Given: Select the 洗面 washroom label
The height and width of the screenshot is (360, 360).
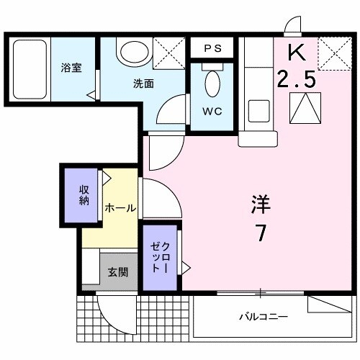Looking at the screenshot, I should coord(143,83).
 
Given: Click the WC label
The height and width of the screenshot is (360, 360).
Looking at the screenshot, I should coord(212,112).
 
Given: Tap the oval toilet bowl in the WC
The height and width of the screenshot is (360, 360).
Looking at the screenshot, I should coord(212,84).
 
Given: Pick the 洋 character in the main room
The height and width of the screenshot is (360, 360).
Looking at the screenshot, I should coord(261,205).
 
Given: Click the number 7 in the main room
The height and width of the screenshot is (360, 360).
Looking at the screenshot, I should coord(261,235).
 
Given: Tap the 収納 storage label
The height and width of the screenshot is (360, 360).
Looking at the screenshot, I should coord(84,195).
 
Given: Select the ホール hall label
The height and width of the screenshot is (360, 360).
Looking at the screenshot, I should coord(120,208).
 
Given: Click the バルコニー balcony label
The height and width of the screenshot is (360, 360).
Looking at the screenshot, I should coord(264,316).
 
